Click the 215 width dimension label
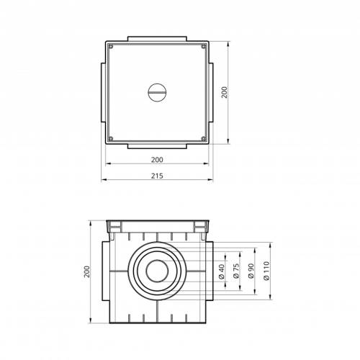(157, 176)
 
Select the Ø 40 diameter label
(222, 271)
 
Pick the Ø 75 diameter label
(237, 271)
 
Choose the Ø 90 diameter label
(251, 271)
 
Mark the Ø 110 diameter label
(266, 271)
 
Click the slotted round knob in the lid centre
(157, 92)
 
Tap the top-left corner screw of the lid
(111, 46)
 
